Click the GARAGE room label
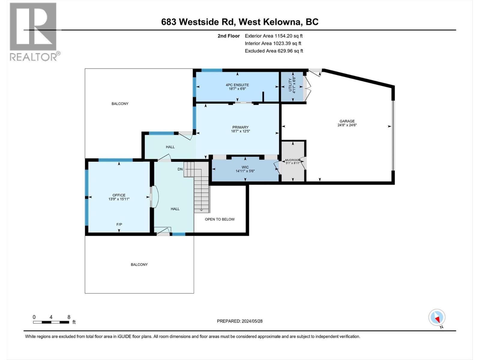[347, 121]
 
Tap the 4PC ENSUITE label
[237, 85]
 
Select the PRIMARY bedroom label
[240, 127]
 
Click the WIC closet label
[245, 167]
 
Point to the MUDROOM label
[292, 160]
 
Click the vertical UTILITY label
[290, 85]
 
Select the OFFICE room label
[119, 195]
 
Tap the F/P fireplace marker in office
[119, 224]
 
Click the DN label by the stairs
[180, 169]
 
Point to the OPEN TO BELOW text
[220, 219]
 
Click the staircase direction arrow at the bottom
[201, 210]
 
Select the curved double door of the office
[155, 197]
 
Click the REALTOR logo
[33, 31]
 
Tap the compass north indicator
[437, 318]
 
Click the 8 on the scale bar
[69, 317]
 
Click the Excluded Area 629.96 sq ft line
[274, 51]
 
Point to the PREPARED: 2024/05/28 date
[240, 321]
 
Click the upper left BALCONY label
[120, 104]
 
